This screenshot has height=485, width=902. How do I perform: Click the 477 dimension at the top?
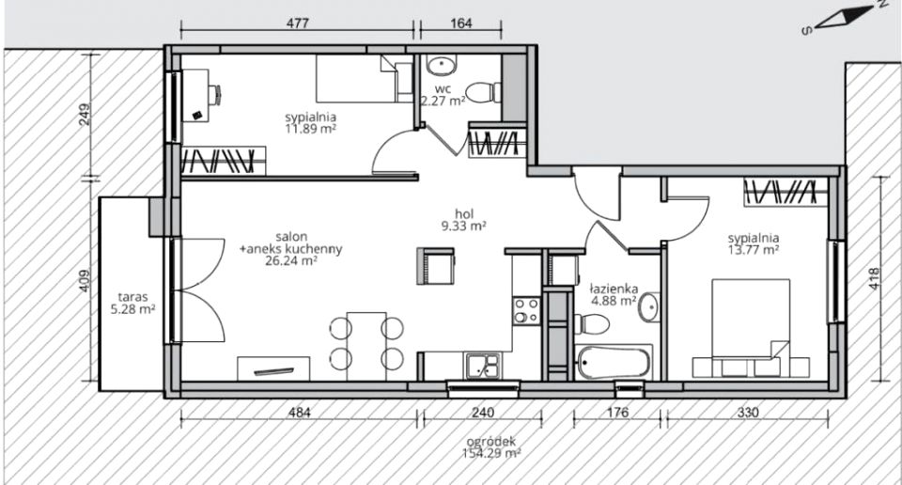[298, 23]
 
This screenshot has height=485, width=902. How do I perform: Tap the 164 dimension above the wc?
[461, 23]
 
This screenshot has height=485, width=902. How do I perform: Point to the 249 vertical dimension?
[85, 115]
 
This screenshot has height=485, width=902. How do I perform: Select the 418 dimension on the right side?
[875, 279]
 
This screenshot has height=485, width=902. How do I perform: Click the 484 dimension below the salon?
[299, 413]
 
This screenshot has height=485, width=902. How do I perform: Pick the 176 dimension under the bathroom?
[617, 413]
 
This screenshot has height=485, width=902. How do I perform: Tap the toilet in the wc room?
[483, 93]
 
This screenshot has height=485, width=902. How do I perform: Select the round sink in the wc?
[442, 65]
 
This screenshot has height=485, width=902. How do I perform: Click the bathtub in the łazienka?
[614, 363]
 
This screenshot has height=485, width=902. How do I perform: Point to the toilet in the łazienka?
[591, 324]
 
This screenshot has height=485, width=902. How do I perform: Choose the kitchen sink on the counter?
[484, 367]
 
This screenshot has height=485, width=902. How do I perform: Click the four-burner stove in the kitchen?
[527, 311]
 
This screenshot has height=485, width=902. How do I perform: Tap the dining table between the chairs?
[366, 346]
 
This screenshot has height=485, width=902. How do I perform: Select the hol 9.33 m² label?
[463, 220]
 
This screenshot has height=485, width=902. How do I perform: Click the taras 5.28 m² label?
[132, 304]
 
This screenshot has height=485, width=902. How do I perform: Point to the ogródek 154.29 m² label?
[491, 447]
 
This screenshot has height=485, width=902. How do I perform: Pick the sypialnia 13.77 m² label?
[753, 244]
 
